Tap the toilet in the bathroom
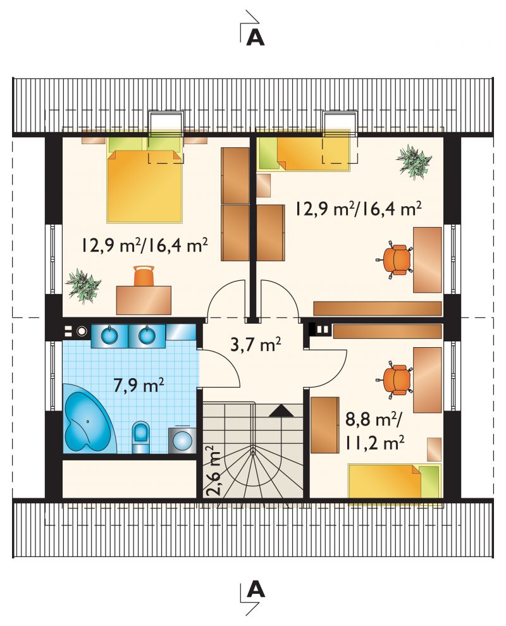(140, 437)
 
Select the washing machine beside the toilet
(182, 440)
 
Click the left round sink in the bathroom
(109, 334)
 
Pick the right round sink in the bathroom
(147, 334)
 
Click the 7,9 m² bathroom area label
(139, 385)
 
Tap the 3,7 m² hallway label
(256, 344)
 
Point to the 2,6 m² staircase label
(213, 471)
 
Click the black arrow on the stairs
(281, 411)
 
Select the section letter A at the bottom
(256, 589)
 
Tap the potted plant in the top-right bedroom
(414, 161)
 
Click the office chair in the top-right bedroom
(395, 259)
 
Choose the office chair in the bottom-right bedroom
(395, 380)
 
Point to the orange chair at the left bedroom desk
(144, 276)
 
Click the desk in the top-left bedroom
(144, 300)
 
